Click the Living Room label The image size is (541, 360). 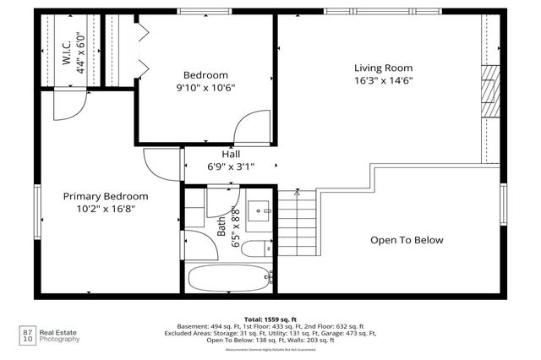383,68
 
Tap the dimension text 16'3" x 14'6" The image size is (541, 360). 383,81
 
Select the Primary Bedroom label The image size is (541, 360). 100,196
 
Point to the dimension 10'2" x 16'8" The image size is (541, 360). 100,209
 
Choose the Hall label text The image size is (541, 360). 230,154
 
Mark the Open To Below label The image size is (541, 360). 407,240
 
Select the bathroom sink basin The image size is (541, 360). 259,209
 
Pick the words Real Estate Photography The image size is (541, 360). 62,335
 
